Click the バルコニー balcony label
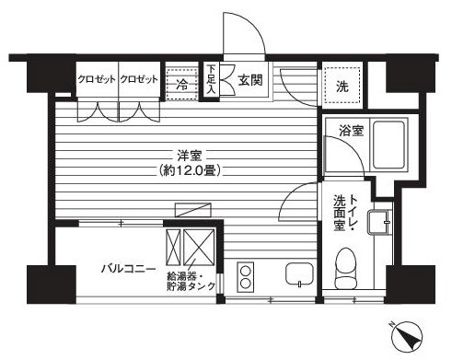point(127,269)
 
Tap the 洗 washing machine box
point(342,87)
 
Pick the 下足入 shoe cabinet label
point(211,78)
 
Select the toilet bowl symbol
point(347,265)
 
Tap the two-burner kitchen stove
point(245,275)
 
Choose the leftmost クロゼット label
point(97,79)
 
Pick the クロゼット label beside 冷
point(139,79)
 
